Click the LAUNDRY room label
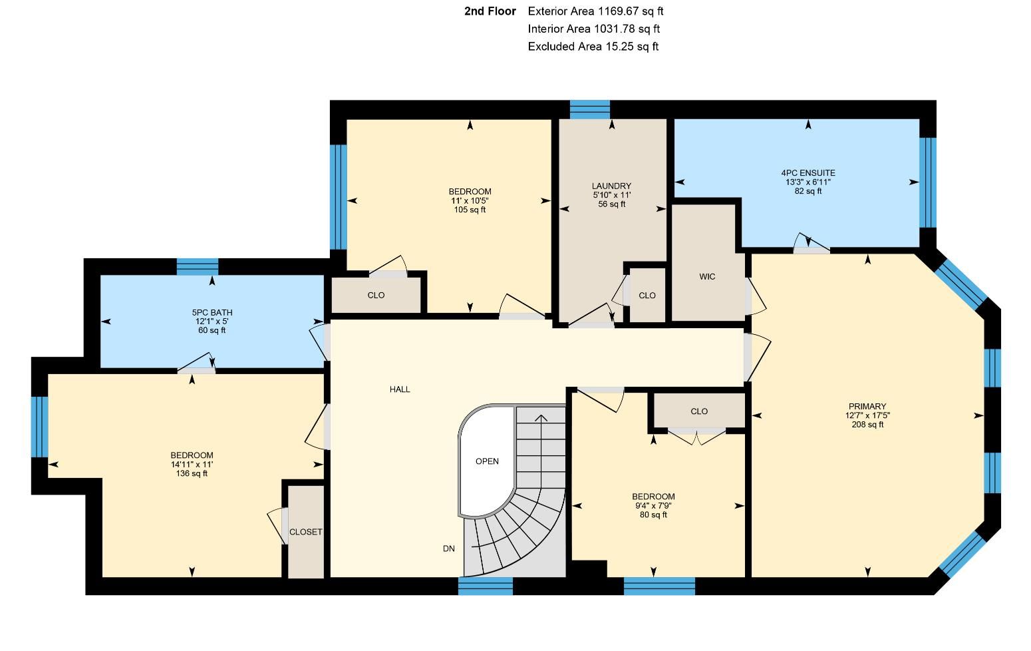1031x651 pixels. (x=611, y=186)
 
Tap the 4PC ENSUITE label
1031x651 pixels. (x=808, y=173)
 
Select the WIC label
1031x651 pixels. (x=707, y=276)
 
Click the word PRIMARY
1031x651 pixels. (x=867, y=406)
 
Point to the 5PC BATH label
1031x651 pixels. (x=212, y=312)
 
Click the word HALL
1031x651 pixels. (x=400, y=389)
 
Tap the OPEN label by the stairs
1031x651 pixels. (x=487, y=461)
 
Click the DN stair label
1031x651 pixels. (x=449, y=548)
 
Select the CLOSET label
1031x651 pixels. (x=305, y=532)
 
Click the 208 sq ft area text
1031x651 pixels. (x=867, y=424)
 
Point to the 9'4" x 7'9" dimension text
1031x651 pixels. (x=653, y=505)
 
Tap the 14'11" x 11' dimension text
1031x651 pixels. (x=192, y=465)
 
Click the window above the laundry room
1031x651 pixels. (x=589, y=110)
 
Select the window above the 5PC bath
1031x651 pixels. (x=198, y=267)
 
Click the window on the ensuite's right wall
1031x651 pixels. (x=928, y=182)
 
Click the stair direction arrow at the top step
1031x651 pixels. (x=541, y=418)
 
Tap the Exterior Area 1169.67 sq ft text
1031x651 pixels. (x=595, y=11)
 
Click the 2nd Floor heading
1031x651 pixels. (x=490, y=11)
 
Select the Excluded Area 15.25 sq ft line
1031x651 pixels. (x=593, y=47)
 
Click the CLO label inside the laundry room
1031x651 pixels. (x=647, y=296)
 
